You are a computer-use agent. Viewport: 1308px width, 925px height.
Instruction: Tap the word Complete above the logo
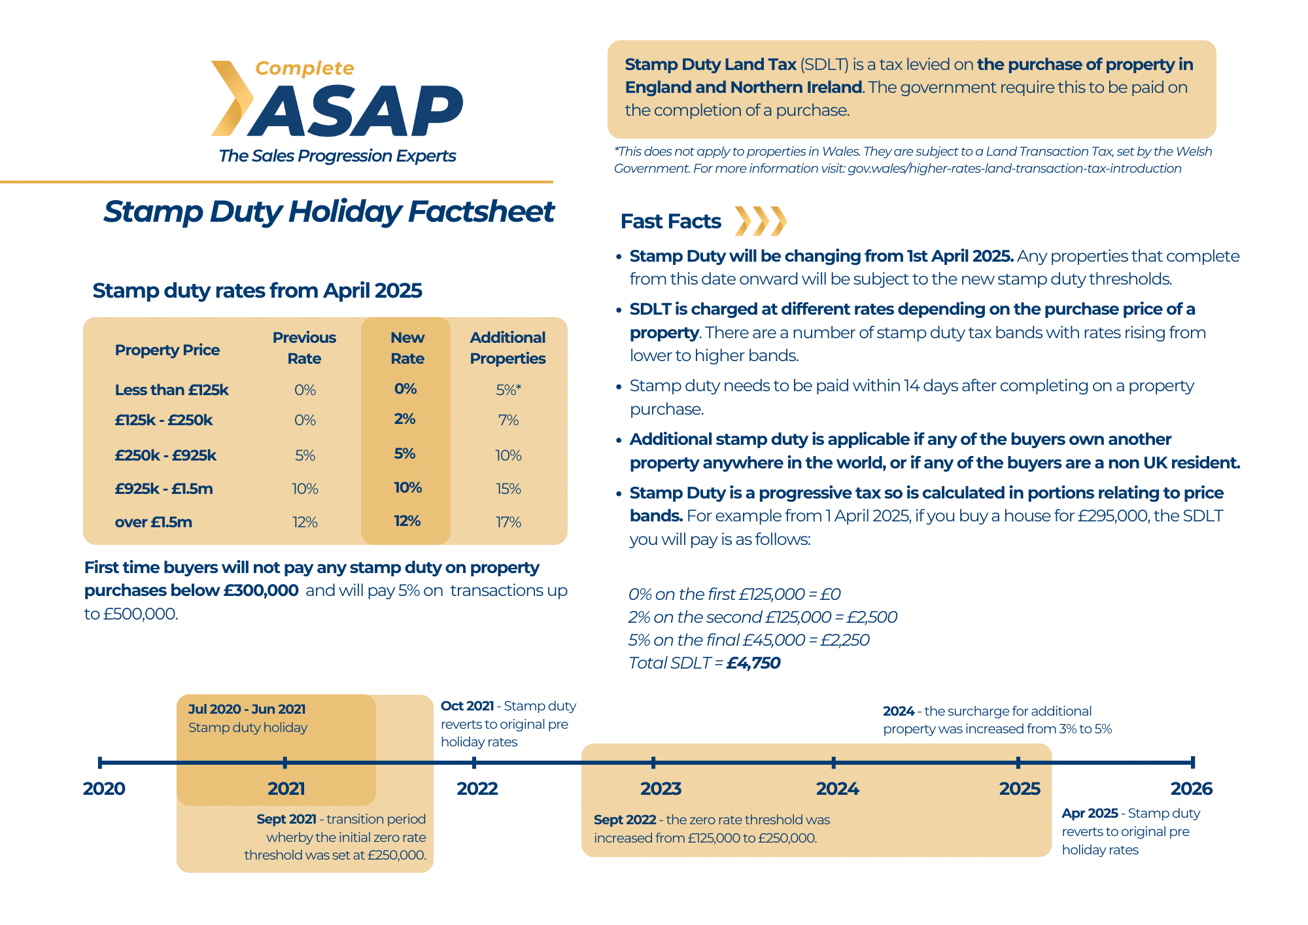coord(304,68)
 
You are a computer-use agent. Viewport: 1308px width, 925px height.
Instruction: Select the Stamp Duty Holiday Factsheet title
coord(328,211)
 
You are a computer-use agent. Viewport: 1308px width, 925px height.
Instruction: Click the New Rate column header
coord(407,348)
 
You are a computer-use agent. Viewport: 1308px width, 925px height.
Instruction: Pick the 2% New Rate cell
coord(405,419)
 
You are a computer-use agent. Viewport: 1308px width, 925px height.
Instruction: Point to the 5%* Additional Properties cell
coord(508,390)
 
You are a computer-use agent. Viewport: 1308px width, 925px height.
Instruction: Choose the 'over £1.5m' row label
coord(153,522)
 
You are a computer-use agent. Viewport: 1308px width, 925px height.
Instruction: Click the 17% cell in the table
coord(508,522)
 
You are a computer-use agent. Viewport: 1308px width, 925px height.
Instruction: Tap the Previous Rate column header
coord(304,348)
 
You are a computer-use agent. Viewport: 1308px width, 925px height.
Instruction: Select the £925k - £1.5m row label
coord(163,489)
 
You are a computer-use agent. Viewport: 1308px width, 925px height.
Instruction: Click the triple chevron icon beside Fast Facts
coord(760,221)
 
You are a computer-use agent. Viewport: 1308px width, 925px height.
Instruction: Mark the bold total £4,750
coord(753,663)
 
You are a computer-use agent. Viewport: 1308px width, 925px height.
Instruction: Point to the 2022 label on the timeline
coord(477,788)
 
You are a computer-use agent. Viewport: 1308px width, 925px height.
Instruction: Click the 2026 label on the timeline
coord(1191,788)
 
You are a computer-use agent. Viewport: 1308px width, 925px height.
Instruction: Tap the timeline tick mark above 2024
coord(833,762)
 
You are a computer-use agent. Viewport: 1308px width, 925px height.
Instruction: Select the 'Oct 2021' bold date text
coord(467,706)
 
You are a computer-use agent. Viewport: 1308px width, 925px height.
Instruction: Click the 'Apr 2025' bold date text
coord(1090,813)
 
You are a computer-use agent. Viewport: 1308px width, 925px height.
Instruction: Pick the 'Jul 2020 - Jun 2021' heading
coord(247,709)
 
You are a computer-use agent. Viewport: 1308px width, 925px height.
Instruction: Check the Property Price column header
coord(167,350)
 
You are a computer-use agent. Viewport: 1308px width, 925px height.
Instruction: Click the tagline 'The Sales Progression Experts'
coord(337,156)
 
